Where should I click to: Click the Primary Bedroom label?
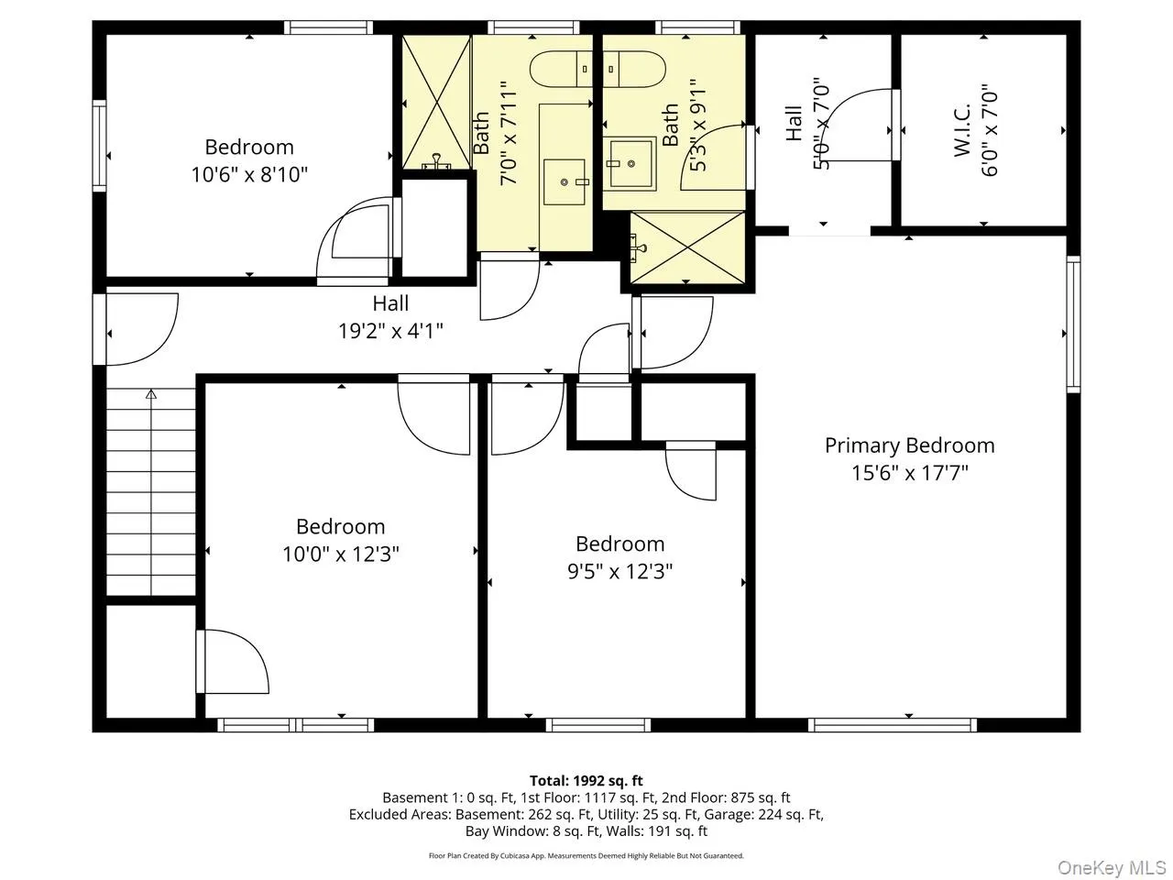pyautogui.click(x=909, y=445)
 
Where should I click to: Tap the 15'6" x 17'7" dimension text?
pyautogui.click(x=909, y=473)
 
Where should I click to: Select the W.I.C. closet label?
pyautogui.click(x=962, y=134)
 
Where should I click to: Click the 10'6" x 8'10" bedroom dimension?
pyautogui.click(x=249, y=174)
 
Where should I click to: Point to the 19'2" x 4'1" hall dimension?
pyautogui.click(x=390, y=331)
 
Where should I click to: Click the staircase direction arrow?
pyautogui.click(x=151, y=395)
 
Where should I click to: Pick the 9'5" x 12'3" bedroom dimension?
pyautogui.click(x=619, y=572)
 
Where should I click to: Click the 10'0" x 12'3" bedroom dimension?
pyautogui.click(x=341, y=555)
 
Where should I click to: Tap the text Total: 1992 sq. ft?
pyautogui.click(x=586, y=781)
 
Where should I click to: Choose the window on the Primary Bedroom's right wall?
pyautogui.click(x=1073, y=324)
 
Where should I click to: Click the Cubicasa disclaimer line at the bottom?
pyautogui.click(x=586, y=855)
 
